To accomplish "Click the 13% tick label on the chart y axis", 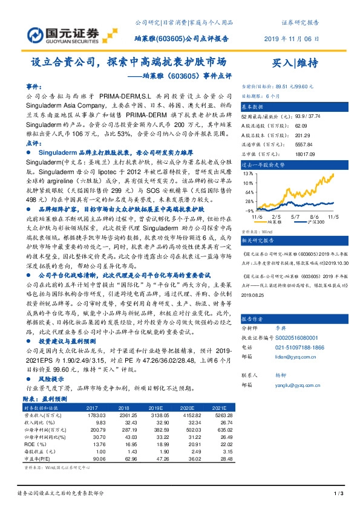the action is (246, 173).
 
